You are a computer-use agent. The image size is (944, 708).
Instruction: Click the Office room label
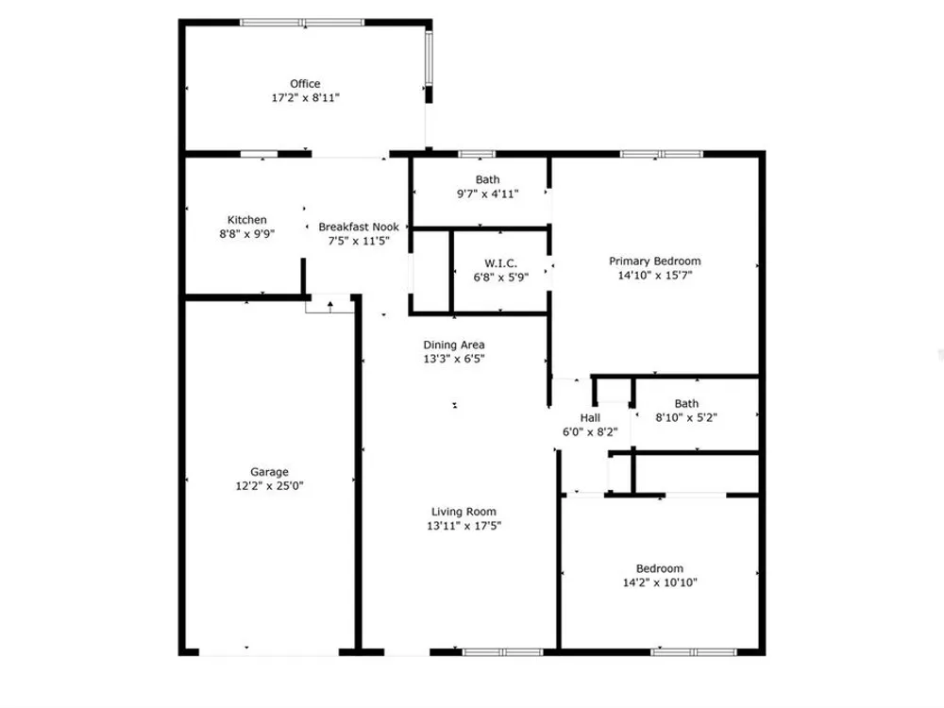(x=305, y=84)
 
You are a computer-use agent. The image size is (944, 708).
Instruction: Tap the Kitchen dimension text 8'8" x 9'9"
(x=246, y=233)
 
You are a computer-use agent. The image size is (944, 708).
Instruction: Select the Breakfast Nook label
(x=359, y=227)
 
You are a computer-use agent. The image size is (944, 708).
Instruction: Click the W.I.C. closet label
(x=501, y=263)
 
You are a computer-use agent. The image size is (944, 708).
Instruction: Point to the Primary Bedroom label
(x=655, y=261)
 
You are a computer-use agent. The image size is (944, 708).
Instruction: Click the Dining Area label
(x=454, y=345)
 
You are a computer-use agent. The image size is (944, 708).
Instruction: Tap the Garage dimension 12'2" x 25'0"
(x=269, y=486)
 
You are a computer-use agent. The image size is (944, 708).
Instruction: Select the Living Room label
(x=464, y=512)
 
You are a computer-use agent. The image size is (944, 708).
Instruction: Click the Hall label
(x=590, y=418)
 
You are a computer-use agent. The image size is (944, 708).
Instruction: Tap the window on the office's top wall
(x=302, y=23)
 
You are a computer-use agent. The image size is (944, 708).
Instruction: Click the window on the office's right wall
(x=430, y=58)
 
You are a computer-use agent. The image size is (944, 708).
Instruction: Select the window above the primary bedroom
(x=662, y=154)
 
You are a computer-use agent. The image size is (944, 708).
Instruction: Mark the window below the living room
(x=503, y=652)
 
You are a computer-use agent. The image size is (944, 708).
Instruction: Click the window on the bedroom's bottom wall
(x=694, y=652)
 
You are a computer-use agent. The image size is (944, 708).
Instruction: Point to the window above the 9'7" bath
(x=477, y=154)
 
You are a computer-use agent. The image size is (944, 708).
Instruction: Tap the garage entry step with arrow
(x=329, y=304)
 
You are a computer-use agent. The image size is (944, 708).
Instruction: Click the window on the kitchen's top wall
(x=260, y=154)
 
